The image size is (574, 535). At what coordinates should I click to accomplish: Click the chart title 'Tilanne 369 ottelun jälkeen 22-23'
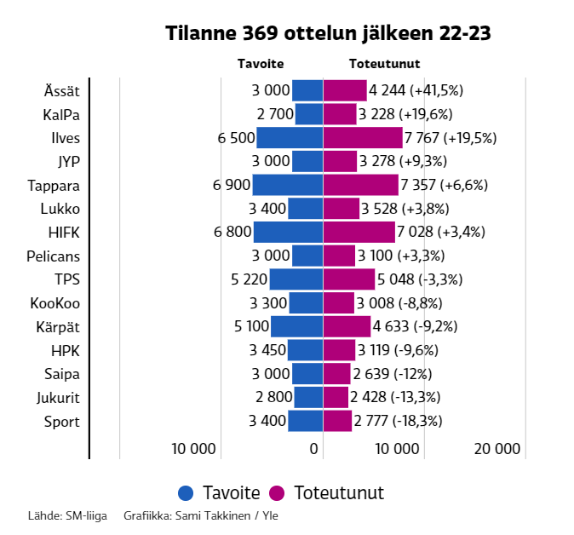tap(328, 33)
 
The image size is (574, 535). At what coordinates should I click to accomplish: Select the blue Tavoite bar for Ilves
tap(290, 138)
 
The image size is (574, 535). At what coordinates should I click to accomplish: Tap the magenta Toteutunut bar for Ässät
tap(345, 90)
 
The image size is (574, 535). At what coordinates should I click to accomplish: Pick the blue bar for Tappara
tap(287, 185)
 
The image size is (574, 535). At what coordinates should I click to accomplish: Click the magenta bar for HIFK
tap(359, 233)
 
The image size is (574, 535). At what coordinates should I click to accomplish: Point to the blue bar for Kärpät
tap(296, 327)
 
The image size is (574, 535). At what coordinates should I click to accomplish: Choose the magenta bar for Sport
tap(337, 421)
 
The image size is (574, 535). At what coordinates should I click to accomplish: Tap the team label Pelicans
tap(53, 256)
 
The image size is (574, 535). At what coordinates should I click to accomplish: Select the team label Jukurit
tap(58, 397)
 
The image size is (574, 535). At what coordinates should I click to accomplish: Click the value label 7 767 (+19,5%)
tap(451, 138)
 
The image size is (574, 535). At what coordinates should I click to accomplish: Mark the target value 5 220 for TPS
tap(249, 279)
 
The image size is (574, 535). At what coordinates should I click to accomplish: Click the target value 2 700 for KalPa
tap(274, 114)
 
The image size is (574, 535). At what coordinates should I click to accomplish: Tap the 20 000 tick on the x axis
tap(497, 449)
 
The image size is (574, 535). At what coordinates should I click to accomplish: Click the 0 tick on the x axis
tap(314, 449)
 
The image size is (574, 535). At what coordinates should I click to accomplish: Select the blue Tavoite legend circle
tap(187, 493)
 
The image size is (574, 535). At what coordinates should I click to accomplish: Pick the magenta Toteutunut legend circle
tap(277, 493)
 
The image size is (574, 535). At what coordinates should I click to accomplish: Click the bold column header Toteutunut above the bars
tap(384, 64)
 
